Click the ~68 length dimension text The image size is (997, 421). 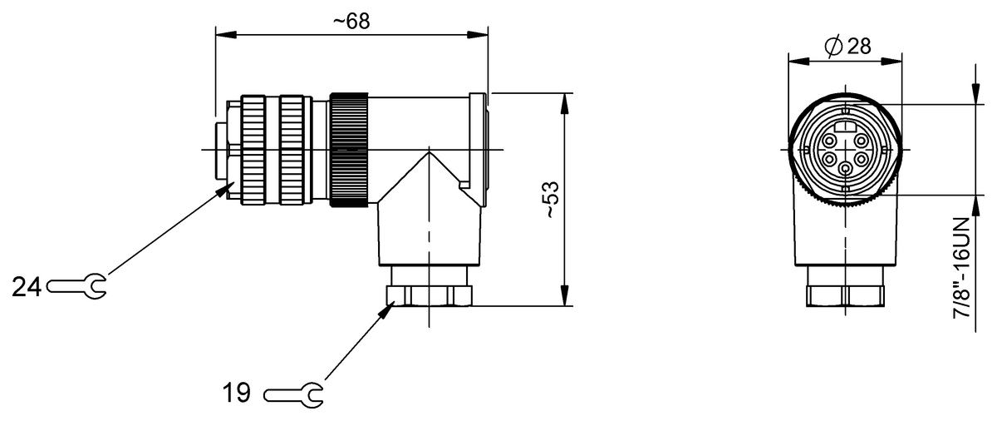[351, 22]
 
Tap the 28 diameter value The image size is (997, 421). [859, 47]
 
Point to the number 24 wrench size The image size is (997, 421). [27, 287]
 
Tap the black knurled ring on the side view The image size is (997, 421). [348, 150]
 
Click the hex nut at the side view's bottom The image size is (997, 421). [429, 295]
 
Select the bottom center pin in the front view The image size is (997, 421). [846, 168]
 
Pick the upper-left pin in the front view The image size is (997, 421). [830, 141]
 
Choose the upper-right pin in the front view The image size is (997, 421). [861, 141]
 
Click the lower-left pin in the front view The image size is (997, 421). [830, 158]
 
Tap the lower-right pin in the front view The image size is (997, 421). [862, 158]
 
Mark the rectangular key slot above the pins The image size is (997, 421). [846, 126]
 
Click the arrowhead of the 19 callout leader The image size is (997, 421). [389, 309]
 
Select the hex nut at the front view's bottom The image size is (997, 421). [845, 295]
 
